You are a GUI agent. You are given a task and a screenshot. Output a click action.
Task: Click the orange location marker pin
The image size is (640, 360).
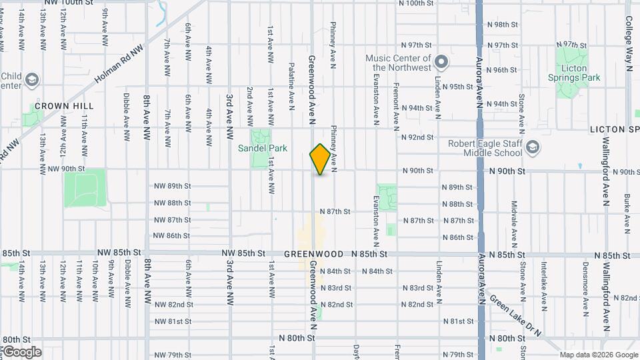[x=320, y=159]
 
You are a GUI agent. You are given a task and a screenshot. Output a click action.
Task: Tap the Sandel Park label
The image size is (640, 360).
[x=263, y=148]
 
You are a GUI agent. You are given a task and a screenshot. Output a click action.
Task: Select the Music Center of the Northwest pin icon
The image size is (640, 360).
[x=440, y=63]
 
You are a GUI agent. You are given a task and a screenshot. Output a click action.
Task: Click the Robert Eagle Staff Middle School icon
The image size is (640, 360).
[x=533, y=147]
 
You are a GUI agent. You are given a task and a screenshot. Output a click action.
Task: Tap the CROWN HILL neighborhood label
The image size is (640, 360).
[x=64, y=106]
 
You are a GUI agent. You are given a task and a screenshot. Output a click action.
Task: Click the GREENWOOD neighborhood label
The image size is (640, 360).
[x=313, y=254]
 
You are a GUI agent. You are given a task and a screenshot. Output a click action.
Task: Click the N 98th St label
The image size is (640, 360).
[x=503, y=24]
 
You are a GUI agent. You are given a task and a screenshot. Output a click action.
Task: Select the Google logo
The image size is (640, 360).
[x=21, y=352]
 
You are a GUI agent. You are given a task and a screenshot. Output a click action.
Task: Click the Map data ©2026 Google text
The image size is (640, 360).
[x=598, y=355]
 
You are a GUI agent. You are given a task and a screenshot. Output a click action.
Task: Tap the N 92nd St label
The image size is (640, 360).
[x=417, y=137]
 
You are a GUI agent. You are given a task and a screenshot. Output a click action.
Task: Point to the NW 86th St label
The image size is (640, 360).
[x=172, y=235]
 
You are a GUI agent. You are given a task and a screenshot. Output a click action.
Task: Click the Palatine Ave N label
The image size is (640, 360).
[x=291, y=86]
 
